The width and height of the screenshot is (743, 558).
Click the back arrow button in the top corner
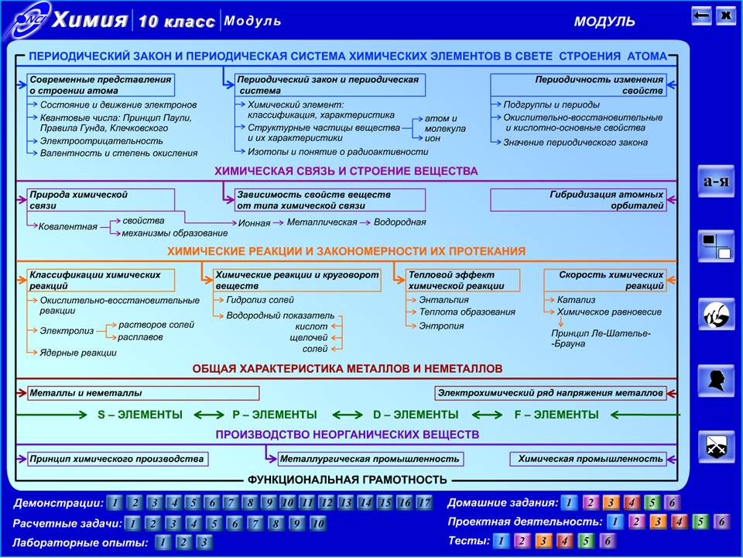701,15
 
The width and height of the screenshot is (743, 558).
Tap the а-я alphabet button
716,181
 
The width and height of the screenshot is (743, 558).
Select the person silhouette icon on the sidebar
716,381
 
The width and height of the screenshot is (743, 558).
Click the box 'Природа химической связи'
101,200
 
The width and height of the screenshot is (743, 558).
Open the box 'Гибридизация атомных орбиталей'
578,200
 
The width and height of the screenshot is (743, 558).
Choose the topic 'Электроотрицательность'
101,141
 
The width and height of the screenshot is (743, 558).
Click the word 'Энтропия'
441,326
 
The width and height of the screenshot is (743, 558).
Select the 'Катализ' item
576,300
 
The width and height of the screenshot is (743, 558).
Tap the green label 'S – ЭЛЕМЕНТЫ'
140,415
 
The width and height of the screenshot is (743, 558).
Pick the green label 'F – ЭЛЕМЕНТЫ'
556,415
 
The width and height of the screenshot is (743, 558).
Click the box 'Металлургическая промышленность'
370,459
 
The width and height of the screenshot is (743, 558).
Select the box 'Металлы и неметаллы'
143,393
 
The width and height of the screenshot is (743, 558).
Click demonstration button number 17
424,502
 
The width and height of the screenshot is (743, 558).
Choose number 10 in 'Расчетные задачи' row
318,523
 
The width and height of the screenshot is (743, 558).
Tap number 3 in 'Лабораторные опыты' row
204,542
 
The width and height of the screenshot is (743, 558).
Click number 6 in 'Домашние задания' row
672,502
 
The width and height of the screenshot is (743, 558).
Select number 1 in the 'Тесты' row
502,540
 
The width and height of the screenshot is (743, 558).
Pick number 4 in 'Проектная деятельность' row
679,522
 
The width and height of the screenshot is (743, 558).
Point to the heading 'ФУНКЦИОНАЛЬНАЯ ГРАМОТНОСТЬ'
348,480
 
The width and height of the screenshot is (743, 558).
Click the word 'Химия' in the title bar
90,20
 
